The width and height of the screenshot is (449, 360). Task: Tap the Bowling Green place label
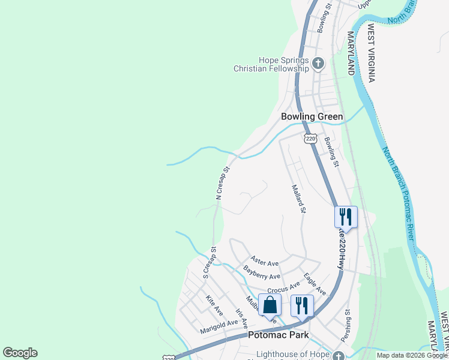(312, 116)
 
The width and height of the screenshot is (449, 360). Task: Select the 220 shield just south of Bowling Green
(310, 139)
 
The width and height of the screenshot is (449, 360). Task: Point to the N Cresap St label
(223, 183)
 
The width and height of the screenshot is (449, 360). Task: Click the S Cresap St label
(209, 263)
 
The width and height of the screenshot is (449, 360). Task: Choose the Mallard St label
(298, 199)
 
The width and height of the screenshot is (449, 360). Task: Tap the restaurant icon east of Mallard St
(346, 216)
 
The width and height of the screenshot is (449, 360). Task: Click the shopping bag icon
(270, 304)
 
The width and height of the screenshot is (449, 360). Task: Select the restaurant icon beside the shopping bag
(302, 305)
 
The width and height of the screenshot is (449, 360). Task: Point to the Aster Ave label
(265, 262)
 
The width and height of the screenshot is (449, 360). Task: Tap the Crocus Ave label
(283, 287)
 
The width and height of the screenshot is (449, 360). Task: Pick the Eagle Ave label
(315, 283)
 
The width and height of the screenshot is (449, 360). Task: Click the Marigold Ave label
(219, 327)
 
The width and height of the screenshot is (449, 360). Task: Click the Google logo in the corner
(20, 353)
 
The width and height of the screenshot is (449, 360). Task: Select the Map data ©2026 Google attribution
(411, 355)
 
